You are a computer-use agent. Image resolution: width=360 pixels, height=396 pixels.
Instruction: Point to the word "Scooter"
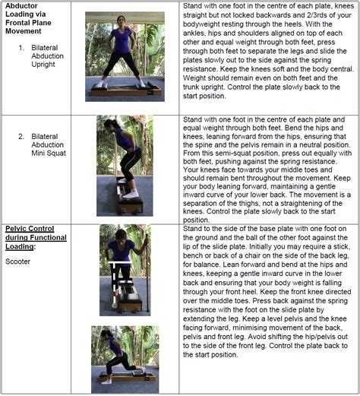click(x=17, y=261)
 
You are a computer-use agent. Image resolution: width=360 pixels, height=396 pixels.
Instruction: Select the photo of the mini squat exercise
click(x=124, y=165)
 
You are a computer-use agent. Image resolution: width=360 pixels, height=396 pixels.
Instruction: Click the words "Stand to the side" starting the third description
click(x=209, y=228)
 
